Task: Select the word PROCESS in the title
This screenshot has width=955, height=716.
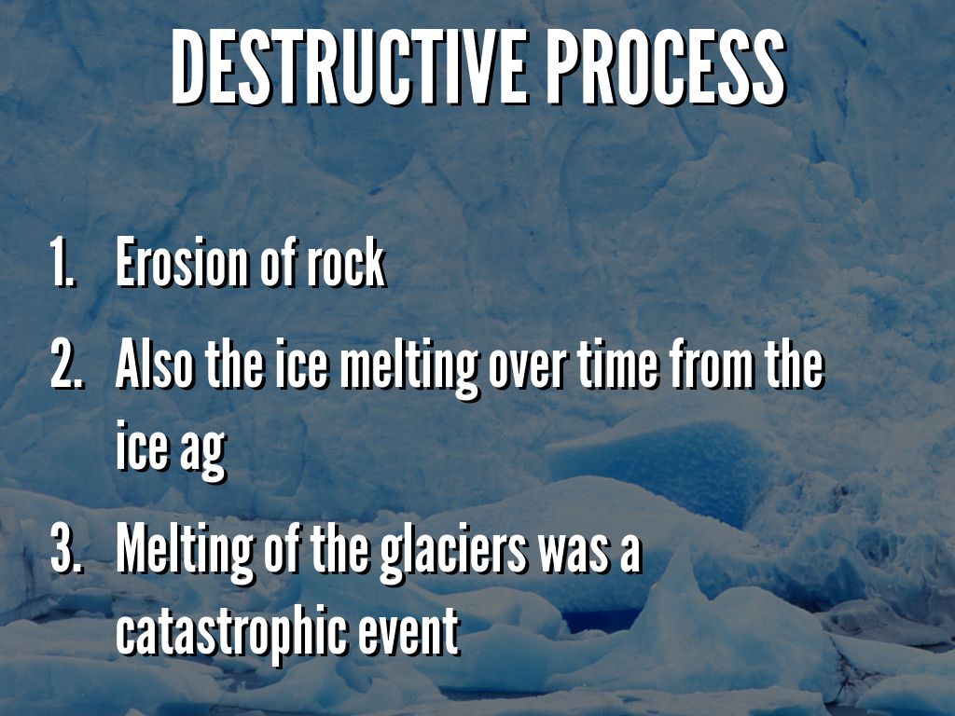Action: click(x=665, y=67)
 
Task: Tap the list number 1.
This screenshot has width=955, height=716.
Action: click(x=62, y=262)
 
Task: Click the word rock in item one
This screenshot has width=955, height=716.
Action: click(x=345, y=262)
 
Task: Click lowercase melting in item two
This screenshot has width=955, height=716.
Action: click(x=408, y=368)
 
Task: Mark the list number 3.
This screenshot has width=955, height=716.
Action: click(x=65, y=549)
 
